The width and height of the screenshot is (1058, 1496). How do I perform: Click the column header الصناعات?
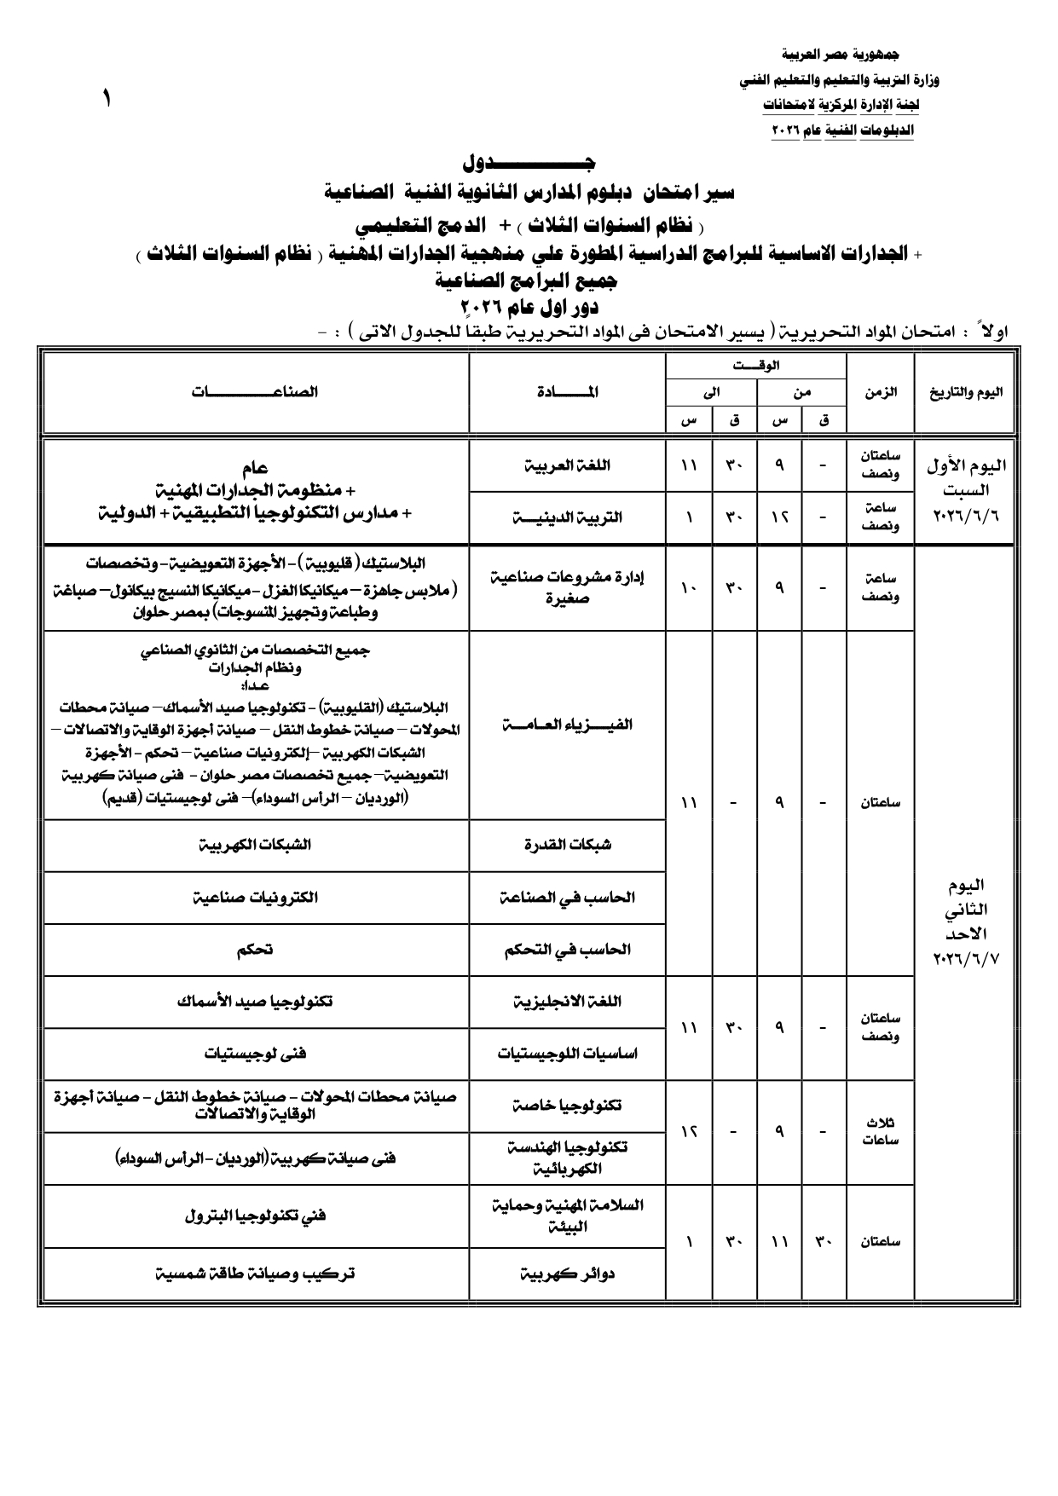point(256,392)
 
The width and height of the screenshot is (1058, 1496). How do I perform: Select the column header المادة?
point(568,392)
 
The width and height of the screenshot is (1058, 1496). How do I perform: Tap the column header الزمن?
point(880,392)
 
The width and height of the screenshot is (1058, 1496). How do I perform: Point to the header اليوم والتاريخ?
point(965,392)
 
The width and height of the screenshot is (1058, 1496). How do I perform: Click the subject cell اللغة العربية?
point(567,466)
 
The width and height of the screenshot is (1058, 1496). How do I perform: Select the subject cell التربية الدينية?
point(567,517)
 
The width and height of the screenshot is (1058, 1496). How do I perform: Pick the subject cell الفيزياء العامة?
point(567,725)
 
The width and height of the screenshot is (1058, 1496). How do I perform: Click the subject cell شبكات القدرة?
point(567,845)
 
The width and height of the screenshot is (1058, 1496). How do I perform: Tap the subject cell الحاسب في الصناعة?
point(567,898)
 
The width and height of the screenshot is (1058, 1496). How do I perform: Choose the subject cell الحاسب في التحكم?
point(567,950)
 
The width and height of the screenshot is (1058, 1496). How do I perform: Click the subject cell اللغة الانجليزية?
point(567,1002)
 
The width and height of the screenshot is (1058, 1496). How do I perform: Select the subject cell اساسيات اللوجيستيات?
point(567,1054)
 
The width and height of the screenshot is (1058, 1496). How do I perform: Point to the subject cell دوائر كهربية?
point(567,1274)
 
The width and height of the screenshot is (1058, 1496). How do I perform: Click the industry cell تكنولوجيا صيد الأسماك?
point(256,1002)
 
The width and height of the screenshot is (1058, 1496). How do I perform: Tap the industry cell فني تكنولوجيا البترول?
point(256,1216)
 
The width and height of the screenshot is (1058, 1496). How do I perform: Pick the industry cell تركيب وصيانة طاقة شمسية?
point(256,1274)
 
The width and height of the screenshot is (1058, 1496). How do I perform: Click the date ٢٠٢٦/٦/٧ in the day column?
point(965,959)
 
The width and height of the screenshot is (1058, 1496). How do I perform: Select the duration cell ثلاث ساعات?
point(880,1132)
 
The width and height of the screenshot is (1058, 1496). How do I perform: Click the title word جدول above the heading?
point(529,162)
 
